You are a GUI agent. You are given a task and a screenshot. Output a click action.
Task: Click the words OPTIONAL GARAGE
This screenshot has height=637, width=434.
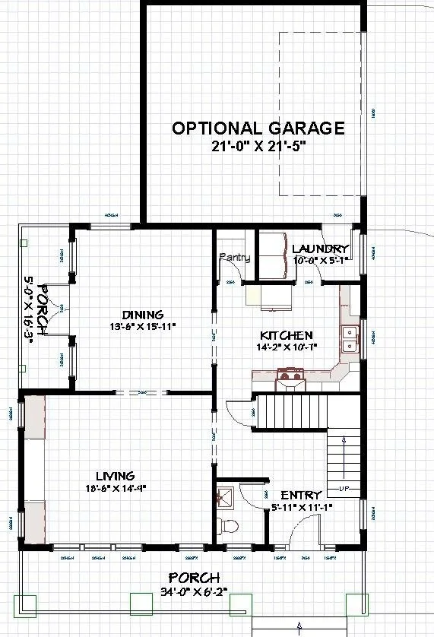coord(258,128)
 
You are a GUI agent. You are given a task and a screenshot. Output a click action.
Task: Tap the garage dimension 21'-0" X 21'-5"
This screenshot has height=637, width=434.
coord(258,147)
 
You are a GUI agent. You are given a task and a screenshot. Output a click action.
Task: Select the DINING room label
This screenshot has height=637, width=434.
coord(143,315)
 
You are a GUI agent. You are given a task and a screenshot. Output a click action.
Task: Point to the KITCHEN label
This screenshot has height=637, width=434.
coord(286,335)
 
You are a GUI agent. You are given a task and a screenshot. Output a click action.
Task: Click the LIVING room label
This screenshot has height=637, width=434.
coord(115,477)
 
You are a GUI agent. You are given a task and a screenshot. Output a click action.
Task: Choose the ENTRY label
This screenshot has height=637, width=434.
coord(301,495)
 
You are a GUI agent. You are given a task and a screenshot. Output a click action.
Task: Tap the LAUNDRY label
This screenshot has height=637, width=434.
coord(320,249)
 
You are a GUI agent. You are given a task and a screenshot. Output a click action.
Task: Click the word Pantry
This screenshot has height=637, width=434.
coord(235,258)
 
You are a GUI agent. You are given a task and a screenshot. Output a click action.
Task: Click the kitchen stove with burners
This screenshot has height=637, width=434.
coord(289,373)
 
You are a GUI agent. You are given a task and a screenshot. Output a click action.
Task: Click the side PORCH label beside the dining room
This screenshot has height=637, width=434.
coord(43,310)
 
